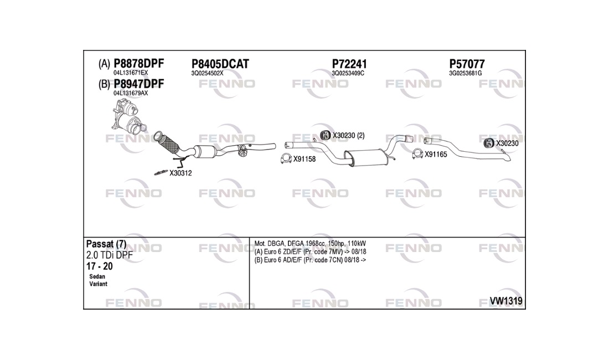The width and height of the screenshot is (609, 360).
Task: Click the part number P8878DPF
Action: (138, 63)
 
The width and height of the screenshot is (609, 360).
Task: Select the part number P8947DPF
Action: (138, 84)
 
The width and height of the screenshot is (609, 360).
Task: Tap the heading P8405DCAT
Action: (220, 64)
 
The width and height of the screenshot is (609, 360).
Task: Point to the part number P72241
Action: (349, 64)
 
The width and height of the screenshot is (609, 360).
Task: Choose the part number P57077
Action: (467, 64)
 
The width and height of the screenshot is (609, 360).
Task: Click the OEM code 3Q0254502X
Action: (207, 74)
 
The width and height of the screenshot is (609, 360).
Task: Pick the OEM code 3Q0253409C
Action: (348, 74)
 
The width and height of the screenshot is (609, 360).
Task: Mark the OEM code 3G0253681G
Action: (465, 74)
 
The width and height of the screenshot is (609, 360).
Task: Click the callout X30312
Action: (180, 173)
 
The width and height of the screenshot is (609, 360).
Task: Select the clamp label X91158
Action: (304, 159)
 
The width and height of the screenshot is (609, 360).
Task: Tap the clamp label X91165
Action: (436, 154)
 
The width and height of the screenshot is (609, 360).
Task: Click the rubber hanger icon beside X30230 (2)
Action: (325, 135)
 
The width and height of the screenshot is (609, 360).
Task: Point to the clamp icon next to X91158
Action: (286, 158)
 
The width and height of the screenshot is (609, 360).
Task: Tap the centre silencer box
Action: (367, 158)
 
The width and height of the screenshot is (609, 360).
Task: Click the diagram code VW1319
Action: (505, 301)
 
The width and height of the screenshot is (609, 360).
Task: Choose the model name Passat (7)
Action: (106, 244)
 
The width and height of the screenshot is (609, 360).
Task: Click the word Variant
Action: (98, 284)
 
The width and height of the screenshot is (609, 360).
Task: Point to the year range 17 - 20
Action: (100, 266)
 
